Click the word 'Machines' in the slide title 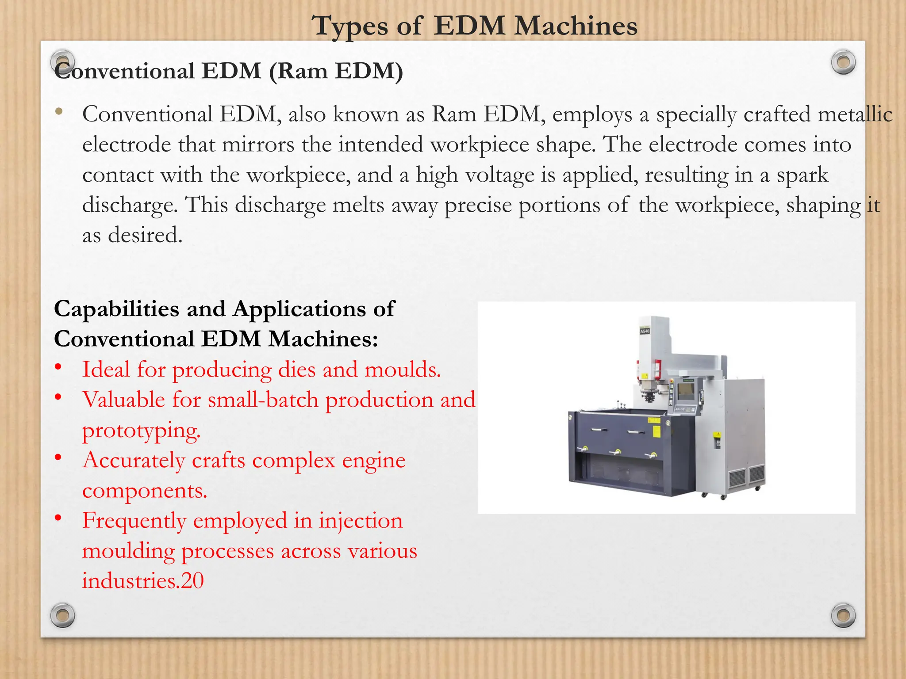(x=576, y=26)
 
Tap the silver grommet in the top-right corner (x=843, y=62)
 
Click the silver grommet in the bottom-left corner (x=62, y=615)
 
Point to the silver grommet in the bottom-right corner (x=843, y=615)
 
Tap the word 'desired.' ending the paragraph (x=145, y=235)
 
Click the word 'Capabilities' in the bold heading (x=116, y=309)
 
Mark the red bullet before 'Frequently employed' (x=58, y=518)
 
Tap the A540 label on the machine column (x=645, y=331)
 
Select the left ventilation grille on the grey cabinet (x=737, y=478)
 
